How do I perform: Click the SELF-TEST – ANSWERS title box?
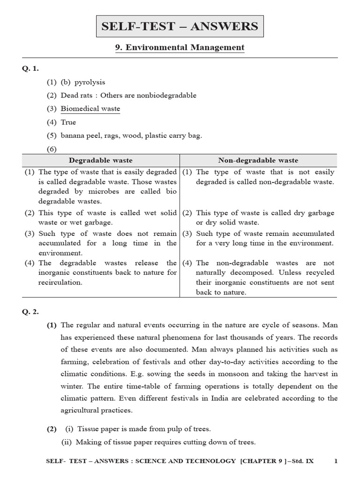pos(180,26)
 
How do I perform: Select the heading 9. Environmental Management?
pos(180,47)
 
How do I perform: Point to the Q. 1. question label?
pos(30,68)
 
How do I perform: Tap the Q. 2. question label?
pos(30,312)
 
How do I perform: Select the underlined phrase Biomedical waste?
pos(90,109)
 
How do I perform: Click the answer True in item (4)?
pos(68,122)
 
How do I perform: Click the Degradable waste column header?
pos(101,160)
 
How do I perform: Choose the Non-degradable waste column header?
pos(258,160)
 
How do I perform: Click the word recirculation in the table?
pos(60,283)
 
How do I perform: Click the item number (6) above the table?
pos(51,149)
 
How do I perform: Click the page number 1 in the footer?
pos(336,461)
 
